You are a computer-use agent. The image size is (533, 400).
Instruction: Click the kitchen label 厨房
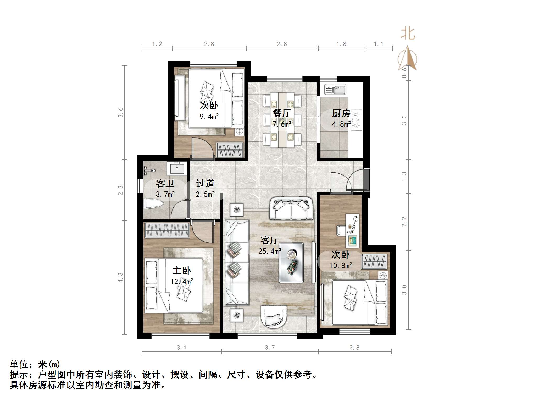click(341, 113)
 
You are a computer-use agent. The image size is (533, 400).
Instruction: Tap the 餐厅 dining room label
click(282, 113)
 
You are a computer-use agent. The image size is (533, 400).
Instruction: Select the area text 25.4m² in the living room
click(270, 251)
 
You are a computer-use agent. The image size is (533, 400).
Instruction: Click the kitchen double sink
click(335, 90)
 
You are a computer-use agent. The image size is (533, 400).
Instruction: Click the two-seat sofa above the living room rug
click(291, 208)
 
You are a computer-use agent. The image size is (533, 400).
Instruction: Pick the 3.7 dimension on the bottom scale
click(270, 348)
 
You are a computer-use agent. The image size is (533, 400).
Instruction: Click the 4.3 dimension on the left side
click(120, 277)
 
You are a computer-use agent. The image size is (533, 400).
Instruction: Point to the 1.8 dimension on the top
click(341, 44)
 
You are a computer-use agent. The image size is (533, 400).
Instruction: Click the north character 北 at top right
click(408, 34)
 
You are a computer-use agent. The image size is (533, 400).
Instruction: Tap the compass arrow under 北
click(407, 58)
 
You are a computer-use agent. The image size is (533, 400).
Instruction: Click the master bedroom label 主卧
click(182, 270)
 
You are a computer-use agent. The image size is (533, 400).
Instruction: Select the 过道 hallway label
click(205, 183)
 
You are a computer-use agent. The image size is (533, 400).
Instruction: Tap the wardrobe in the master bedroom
click(167, 230)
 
